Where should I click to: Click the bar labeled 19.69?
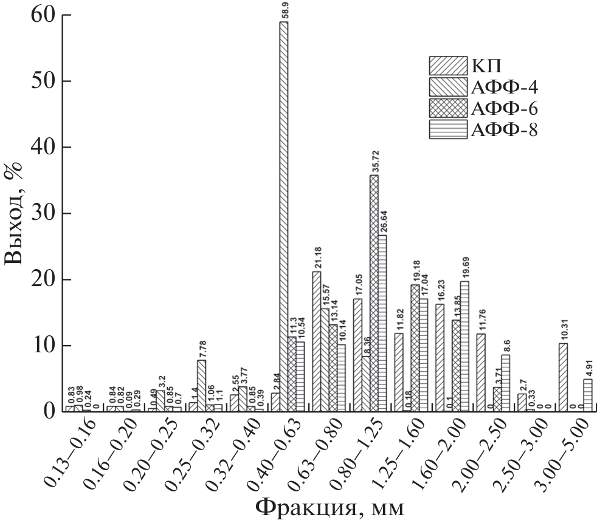(x=464, y=346)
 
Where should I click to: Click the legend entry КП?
(x=481, y=64)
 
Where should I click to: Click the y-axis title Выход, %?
(x=16, y=214)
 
